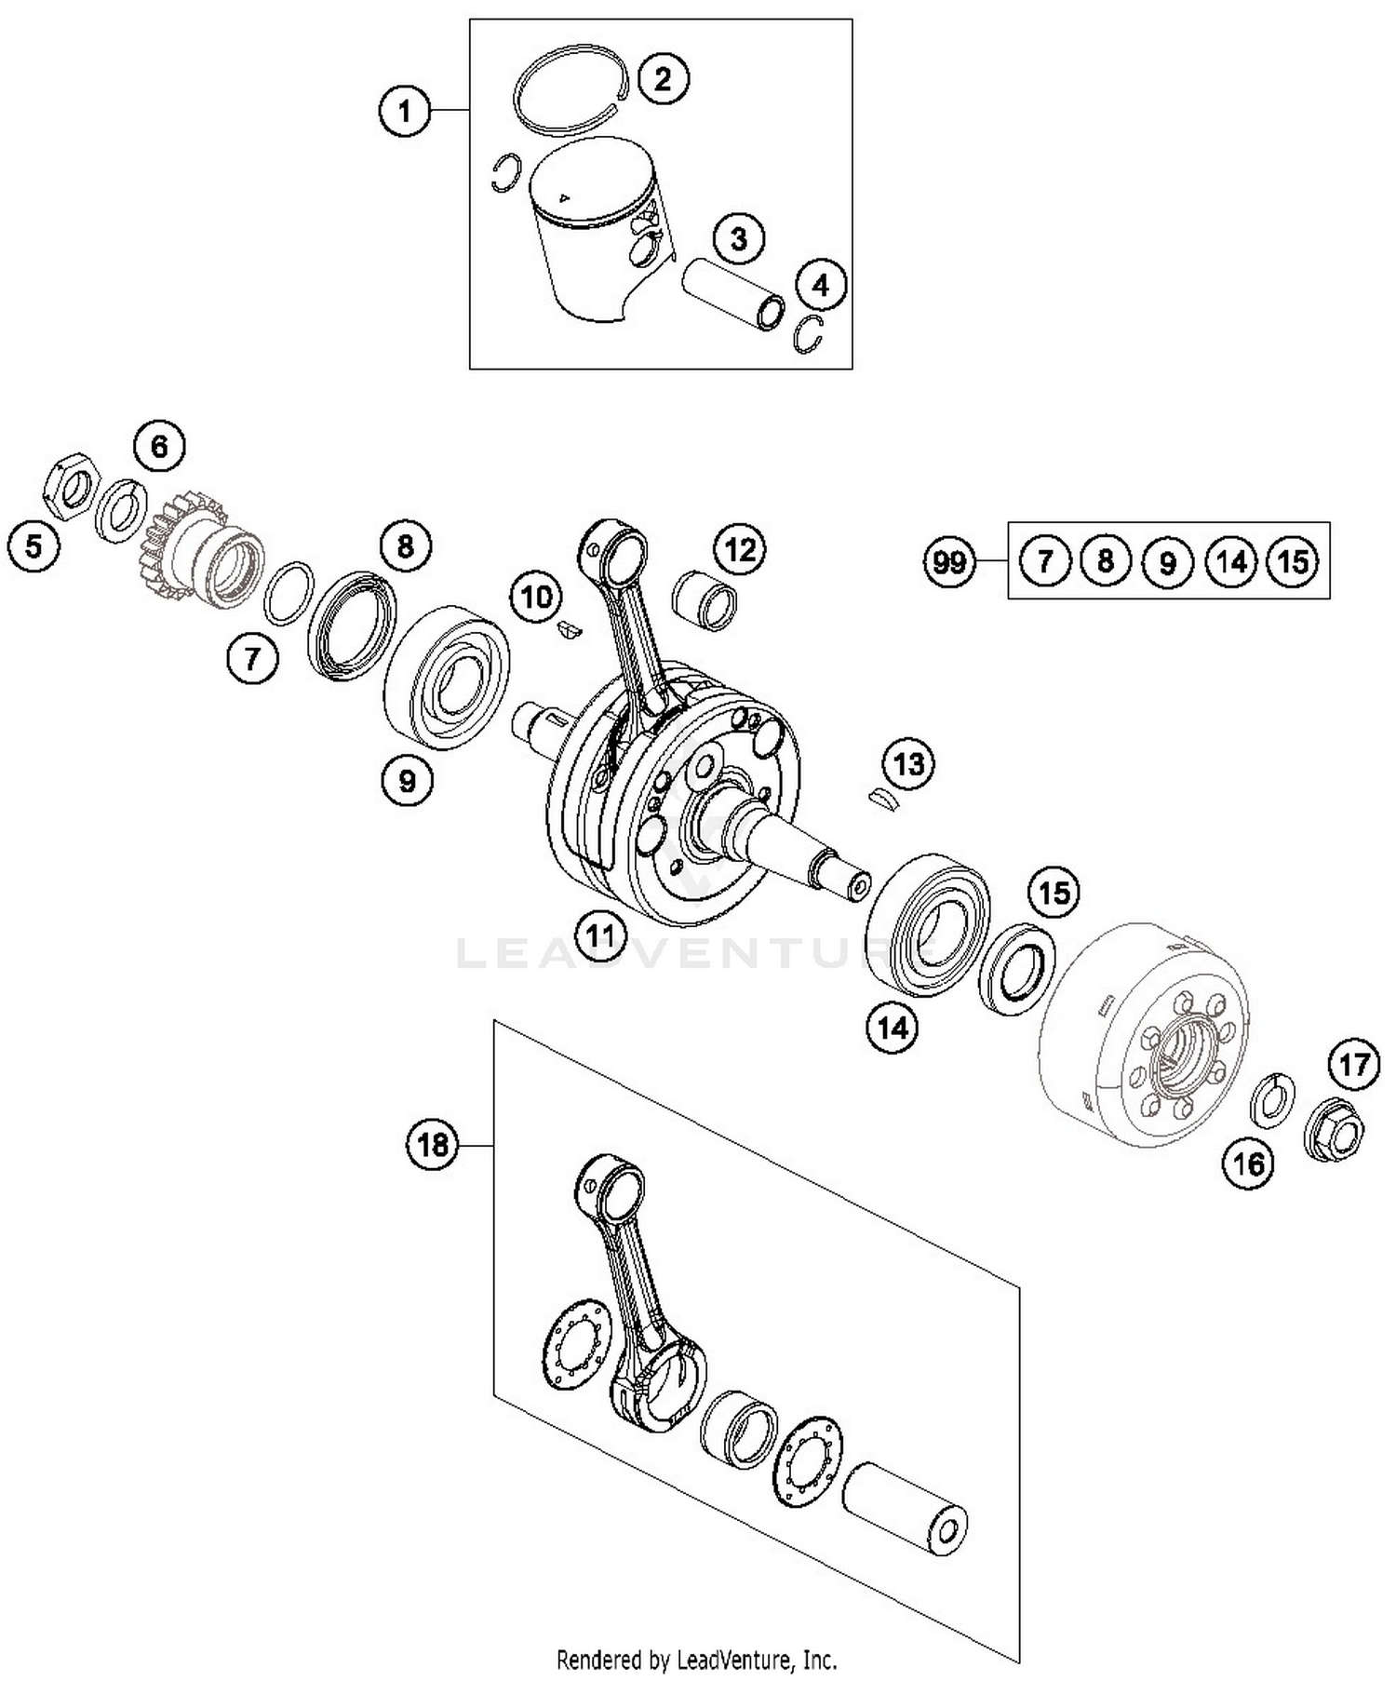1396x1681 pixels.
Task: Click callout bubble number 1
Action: (x=404, y=112)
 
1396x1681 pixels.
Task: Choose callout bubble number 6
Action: (x=159, y=447)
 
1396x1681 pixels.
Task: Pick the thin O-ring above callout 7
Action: (x=287, y=593)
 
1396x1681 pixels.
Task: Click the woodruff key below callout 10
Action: (x=567, y=630)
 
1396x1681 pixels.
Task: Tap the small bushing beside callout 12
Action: (x=705, y=603)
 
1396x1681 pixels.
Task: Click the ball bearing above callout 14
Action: (x=928, y=924)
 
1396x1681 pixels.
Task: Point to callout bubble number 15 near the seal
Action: (x=1054, y=894)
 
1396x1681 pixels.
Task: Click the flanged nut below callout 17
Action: (x=1336, y=1131)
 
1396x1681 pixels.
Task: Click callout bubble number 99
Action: (x=949, y=561)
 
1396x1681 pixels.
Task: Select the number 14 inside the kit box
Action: (x=1230, y=561)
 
